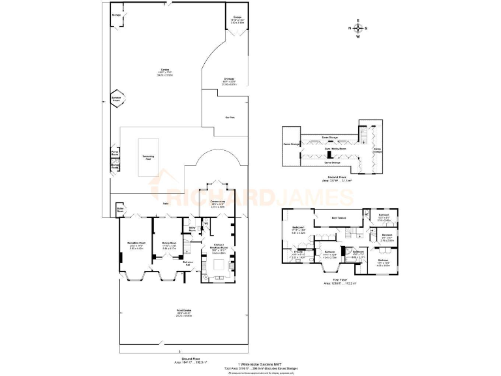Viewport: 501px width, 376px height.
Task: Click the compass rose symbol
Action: [357, 28]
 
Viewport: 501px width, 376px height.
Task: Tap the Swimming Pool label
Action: [148, 157]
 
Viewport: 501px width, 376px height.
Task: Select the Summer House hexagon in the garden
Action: [117, 101]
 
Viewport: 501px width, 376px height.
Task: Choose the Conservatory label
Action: [217, 202]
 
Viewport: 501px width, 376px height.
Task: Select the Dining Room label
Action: [169, 244]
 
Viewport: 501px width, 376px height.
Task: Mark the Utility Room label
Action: [192, 228]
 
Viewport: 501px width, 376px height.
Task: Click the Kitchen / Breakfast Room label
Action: [219, 248]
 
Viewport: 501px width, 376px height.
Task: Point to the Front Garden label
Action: [183, 310]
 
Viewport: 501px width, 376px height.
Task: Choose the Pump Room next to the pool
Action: [115, 152]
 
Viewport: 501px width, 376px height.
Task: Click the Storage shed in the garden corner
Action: [116, 14]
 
